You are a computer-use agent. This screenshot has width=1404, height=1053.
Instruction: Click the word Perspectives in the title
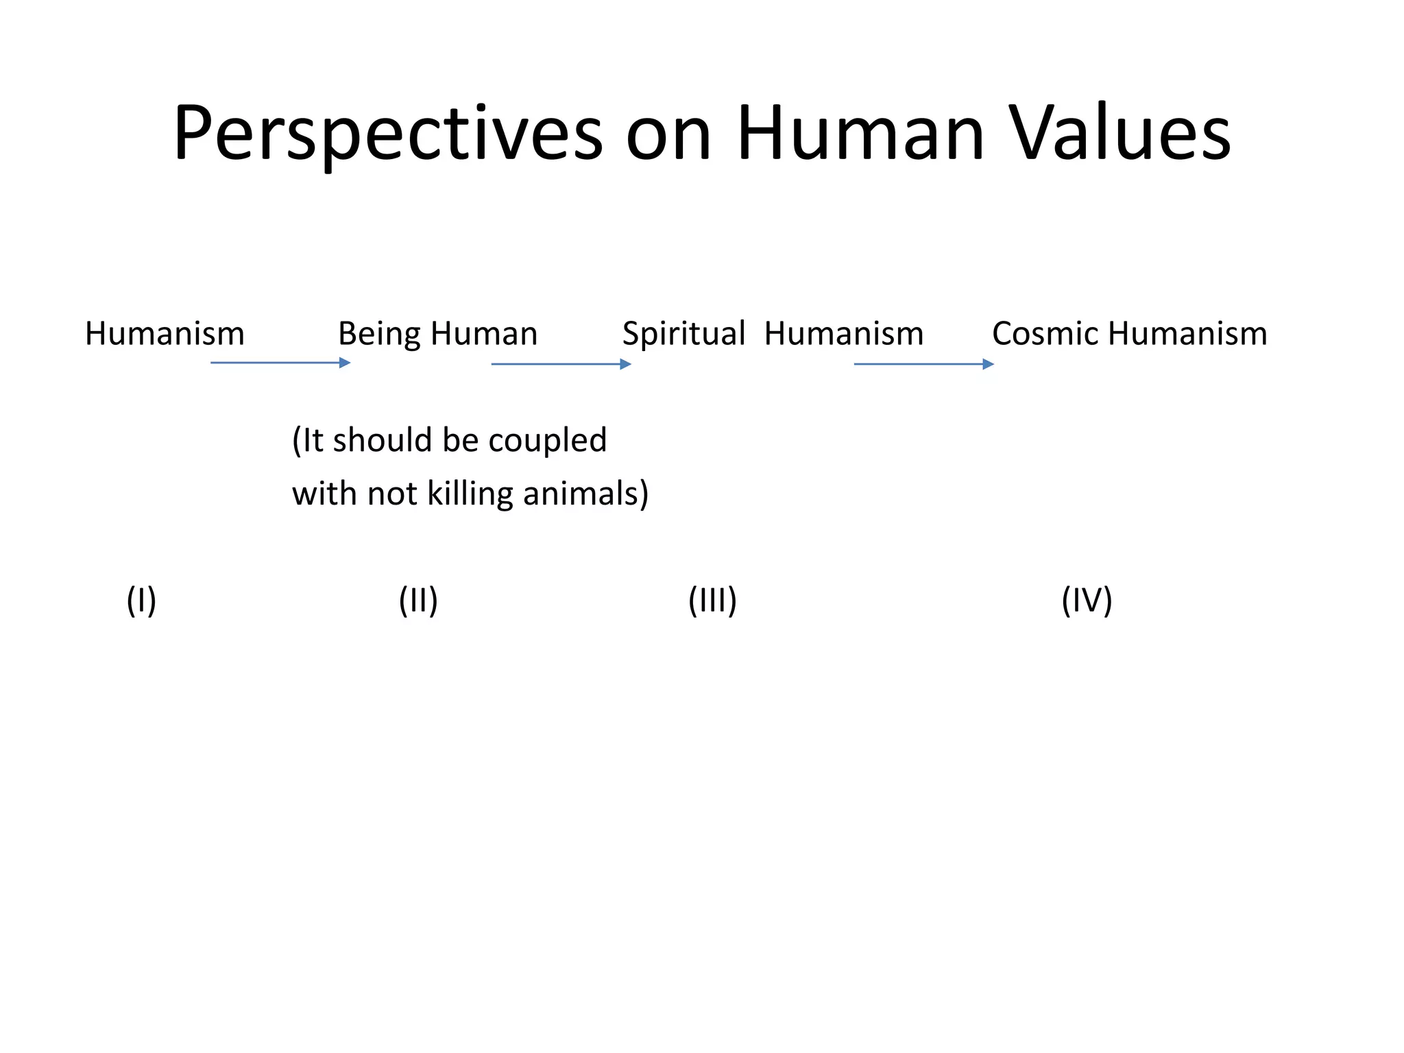[x=387, y=134]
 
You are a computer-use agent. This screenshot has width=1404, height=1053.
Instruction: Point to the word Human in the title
[x=860, y=134]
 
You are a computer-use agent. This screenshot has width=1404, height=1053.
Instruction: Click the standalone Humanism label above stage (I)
[x=165, y=334]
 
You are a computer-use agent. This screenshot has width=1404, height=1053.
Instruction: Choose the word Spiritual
[x=683, y=334]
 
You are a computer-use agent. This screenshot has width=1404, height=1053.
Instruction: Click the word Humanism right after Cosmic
[x=1187, y=334]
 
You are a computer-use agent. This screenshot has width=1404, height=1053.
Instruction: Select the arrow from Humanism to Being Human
[x=280, y=362]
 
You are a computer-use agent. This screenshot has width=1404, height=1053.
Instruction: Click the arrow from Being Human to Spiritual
[x=561, y=364]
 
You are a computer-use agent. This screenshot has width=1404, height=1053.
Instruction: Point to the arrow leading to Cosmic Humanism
[x=923, y=364]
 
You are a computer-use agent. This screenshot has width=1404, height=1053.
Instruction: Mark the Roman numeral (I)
[x=141, y=600]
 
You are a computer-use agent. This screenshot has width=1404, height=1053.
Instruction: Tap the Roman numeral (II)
[x=418, y=600]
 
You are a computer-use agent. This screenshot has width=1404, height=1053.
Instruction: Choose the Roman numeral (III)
[x=712, y=600]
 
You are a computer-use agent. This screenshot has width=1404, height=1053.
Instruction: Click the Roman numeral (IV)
[x=1087, y=600]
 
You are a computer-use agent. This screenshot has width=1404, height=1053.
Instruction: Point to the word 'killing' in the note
[x=470, y=494]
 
